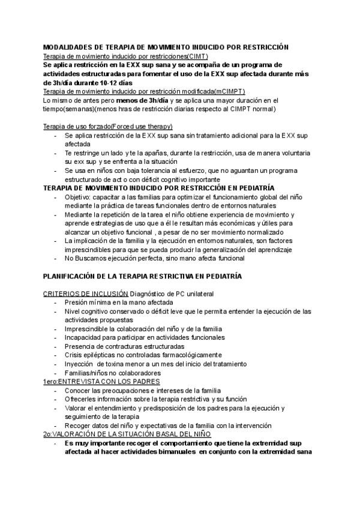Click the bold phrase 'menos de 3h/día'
point(144,100)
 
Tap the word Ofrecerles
point(83,399)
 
